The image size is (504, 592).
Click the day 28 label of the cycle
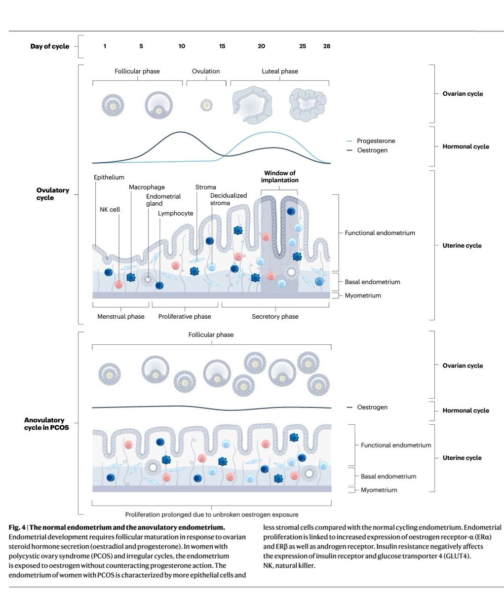tap(327, 46)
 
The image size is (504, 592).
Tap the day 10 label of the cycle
tap(182, 46)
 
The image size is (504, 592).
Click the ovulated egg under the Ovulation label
tap(206, 105)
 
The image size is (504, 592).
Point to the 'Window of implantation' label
tap(280, 177)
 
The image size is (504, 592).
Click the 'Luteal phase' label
tap(280, 72)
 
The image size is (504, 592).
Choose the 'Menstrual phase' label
tap(120, 317)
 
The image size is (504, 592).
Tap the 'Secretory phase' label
tap(275, 317)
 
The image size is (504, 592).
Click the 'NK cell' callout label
tap(110, 209)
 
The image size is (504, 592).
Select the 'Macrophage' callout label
tap(147, 187)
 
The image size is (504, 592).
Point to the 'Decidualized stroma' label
tap(229, 199)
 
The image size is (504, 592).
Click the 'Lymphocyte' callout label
tap(175, 214)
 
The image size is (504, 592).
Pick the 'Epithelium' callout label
tap(109, 177)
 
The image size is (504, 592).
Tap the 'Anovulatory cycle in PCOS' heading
tap(46, 424)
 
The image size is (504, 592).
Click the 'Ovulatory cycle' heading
tap(53, 194)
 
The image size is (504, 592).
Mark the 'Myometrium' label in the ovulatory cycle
tap(363, 296)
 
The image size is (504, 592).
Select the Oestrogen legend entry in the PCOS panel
tap(367, 407)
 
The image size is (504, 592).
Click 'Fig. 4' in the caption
tap(17, 527)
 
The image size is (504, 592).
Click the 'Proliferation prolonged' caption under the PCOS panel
tap(212, 515)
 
